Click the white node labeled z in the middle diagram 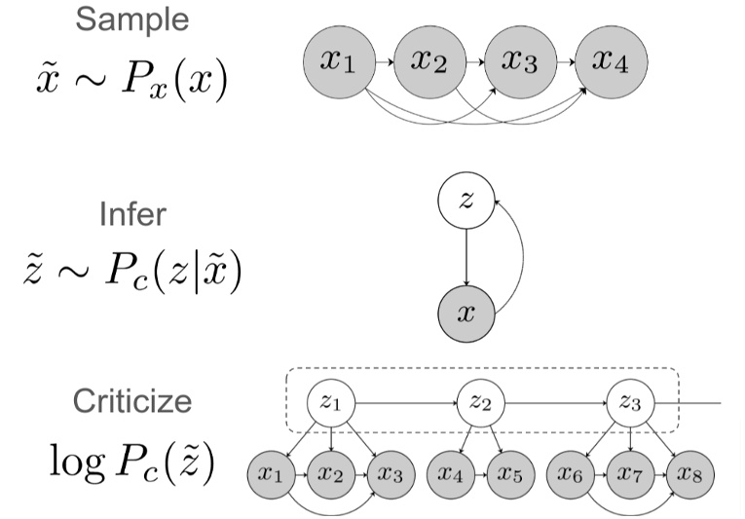pyautogui.click(x=467, y=200)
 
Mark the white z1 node pyautogui.click(x=331, y=401)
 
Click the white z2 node pyautogui.click(x=481, y=401)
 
